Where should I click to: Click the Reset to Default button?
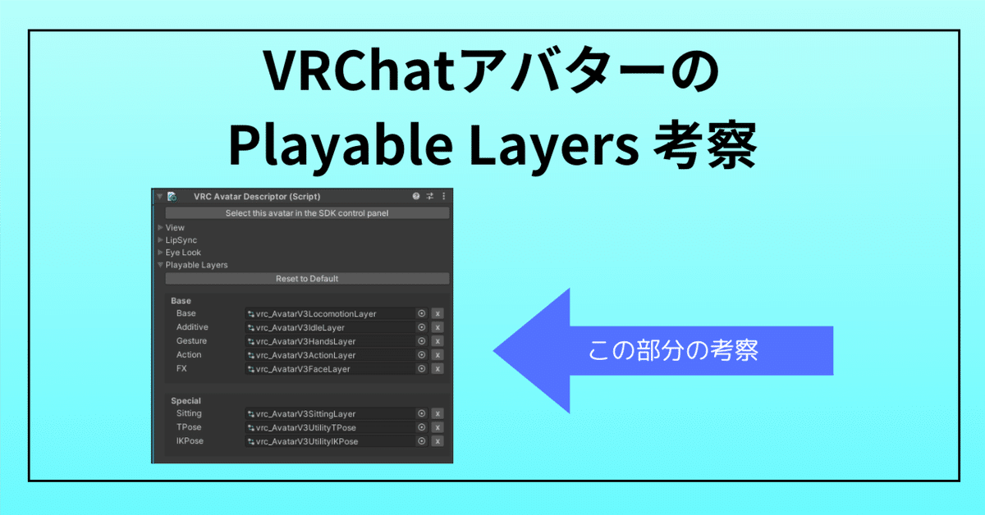tap(307, 279)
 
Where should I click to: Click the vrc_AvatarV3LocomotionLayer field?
tap(328, 313)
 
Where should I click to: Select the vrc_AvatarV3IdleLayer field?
tap(328, 327)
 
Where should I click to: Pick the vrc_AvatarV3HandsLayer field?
tap(328, 341)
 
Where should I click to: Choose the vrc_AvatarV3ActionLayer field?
tap(328, 355)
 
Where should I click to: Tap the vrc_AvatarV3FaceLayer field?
tap(328, 369)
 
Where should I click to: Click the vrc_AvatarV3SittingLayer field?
tap(328, 414)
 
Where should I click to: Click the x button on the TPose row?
tap(438, 428)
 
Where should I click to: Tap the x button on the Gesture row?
tap(438, 341)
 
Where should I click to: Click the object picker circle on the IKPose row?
tap(422, 441)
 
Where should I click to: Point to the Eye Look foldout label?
tap(183, 253)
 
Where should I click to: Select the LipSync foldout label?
tap(181, 240)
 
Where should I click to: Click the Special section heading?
tap(186, 401)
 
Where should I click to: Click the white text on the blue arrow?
tap(673, 350)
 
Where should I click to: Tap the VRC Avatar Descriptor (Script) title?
tap(257, 197)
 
